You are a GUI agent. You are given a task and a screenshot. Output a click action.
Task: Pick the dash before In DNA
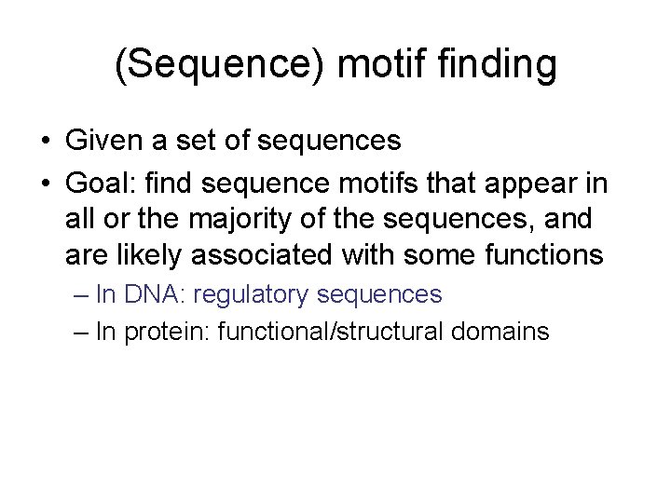point(79,296)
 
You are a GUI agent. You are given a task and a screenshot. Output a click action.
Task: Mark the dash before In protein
point(79,332)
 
